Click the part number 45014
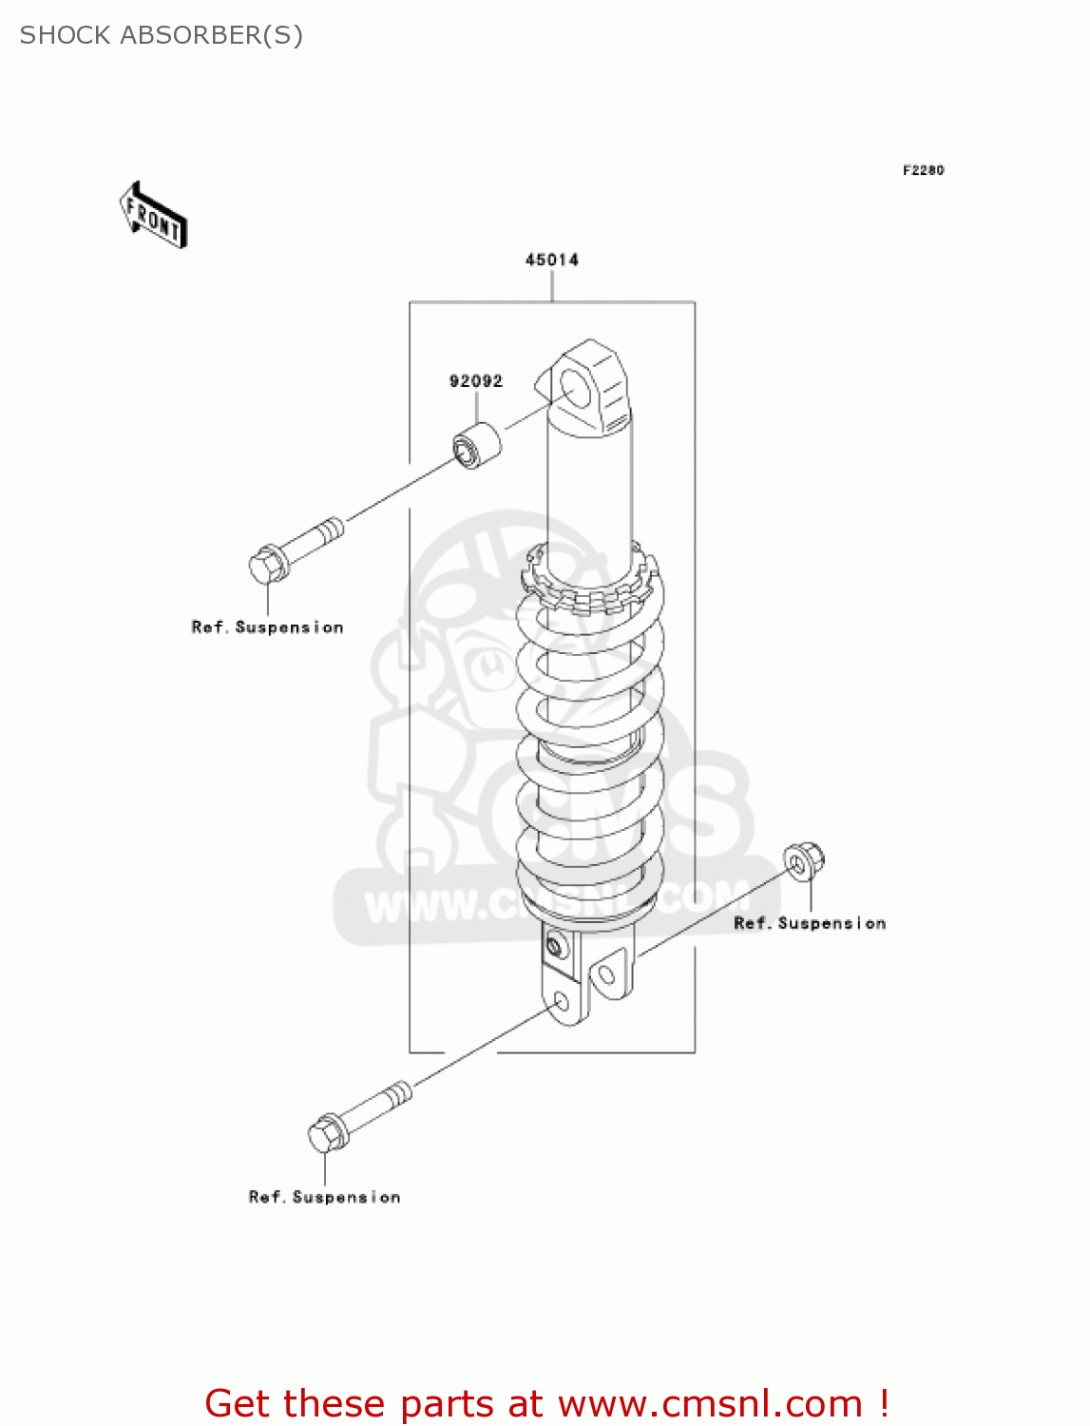[551, 260]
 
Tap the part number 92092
[475, 381]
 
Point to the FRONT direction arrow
[153, 216]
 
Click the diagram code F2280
[923, 170]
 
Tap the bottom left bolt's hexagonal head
[327, 1133]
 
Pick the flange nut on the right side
[804, 861]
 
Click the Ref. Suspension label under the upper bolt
[267, 627]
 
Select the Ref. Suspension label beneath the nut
[810, 923]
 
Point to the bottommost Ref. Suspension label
[324, 1197]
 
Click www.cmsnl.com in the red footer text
[710, 1403]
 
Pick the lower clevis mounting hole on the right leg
[605, 973]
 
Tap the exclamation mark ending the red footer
[884, 1403]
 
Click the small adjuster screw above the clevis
[555, 946]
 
